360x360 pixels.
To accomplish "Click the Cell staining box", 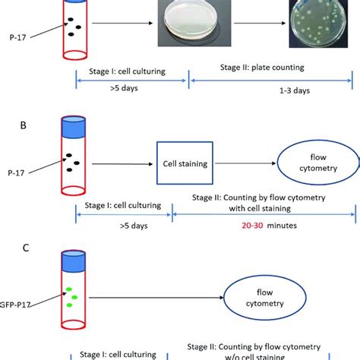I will (x=182, y=164).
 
